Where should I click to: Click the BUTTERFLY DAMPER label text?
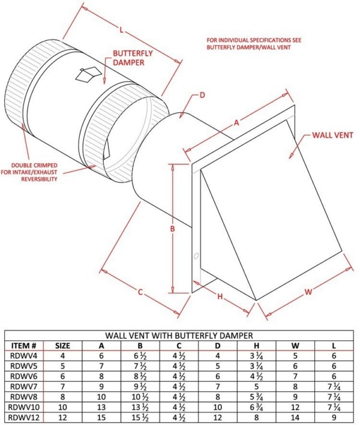click(x=133, y=58)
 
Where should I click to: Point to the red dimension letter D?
click(x=202, y=95)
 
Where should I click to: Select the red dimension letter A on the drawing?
click(x=236, y=123)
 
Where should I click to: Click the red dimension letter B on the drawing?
click(x=171, y=229)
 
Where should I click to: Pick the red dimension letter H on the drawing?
click(x=220, y=296)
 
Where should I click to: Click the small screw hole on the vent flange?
click(x=197, y=258)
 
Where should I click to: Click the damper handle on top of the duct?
click(x=87, y=74)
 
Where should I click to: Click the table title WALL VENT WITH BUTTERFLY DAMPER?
click(x=179, y=335)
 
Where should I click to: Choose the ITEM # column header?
click(x=25, y=346)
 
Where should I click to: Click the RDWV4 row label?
click(x=25, y=355)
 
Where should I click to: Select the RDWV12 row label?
click(x=25, y=417)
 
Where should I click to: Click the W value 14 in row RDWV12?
click(x=295, y=417)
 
